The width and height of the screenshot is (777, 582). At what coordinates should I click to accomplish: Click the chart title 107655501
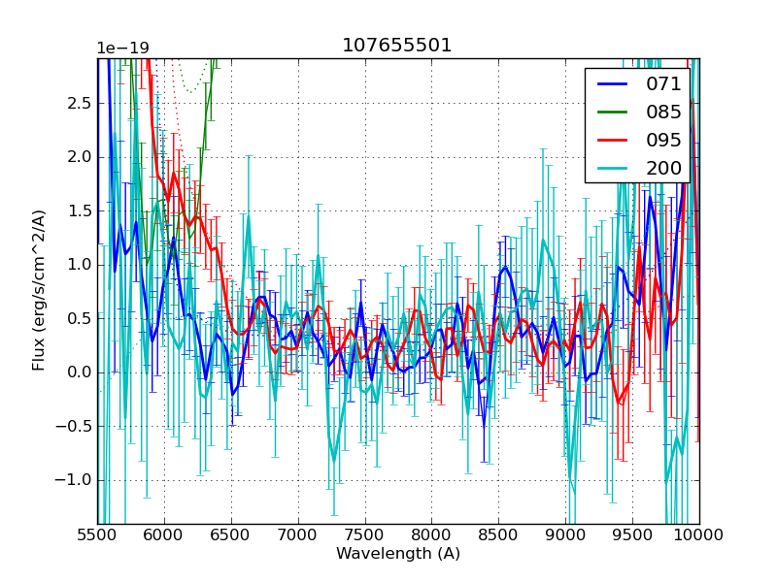[x=397, y=46]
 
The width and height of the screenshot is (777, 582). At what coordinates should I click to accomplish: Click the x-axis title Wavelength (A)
[x=398, y=554]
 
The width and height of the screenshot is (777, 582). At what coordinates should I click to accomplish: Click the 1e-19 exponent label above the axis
[x=122, y=48]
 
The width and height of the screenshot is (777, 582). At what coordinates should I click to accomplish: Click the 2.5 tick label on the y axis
[x=79, y=104]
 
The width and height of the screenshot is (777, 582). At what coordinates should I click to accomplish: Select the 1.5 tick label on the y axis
[x=79, y=211]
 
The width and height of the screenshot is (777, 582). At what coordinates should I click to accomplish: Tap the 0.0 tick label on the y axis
[x=79, y=372]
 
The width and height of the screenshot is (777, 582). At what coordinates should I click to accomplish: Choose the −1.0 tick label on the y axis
[x=75, y=480]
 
